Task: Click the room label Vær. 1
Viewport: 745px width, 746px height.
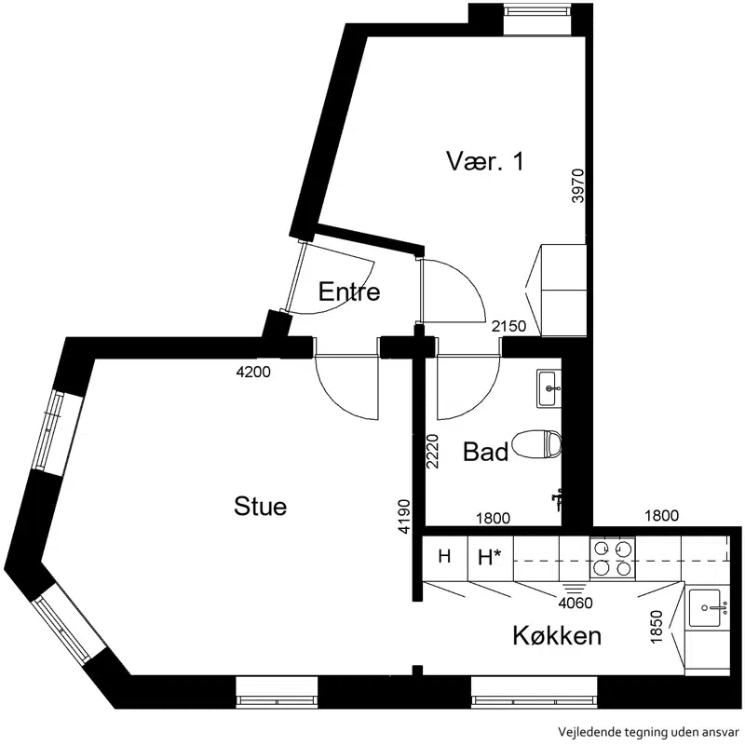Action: (485, 161)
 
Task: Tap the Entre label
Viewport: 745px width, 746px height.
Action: (349, 292)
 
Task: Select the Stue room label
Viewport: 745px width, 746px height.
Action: (260, 507)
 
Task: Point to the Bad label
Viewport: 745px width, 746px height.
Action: (485, 452)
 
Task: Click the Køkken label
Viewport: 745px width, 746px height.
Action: (557, 635)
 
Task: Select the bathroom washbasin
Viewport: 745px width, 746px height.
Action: (549, 388)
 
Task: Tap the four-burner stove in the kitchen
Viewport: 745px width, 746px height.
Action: (613, 558)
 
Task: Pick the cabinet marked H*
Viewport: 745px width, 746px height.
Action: (491, 558)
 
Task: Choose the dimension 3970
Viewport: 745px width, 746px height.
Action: (577, 185)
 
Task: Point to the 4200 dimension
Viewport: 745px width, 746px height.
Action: (253, 372)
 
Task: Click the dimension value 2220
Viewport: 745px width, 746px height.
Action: (432, 451)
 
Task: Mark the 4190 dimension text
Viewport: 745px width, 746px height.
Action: (404, 516)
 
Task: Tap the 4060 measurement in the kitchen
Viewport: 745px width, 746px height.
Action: (576, 604)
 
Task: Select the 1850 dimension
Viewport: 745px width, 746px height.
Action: (657, 627)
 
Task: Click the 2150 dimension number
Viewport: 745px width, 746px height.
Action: (509, 326)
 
